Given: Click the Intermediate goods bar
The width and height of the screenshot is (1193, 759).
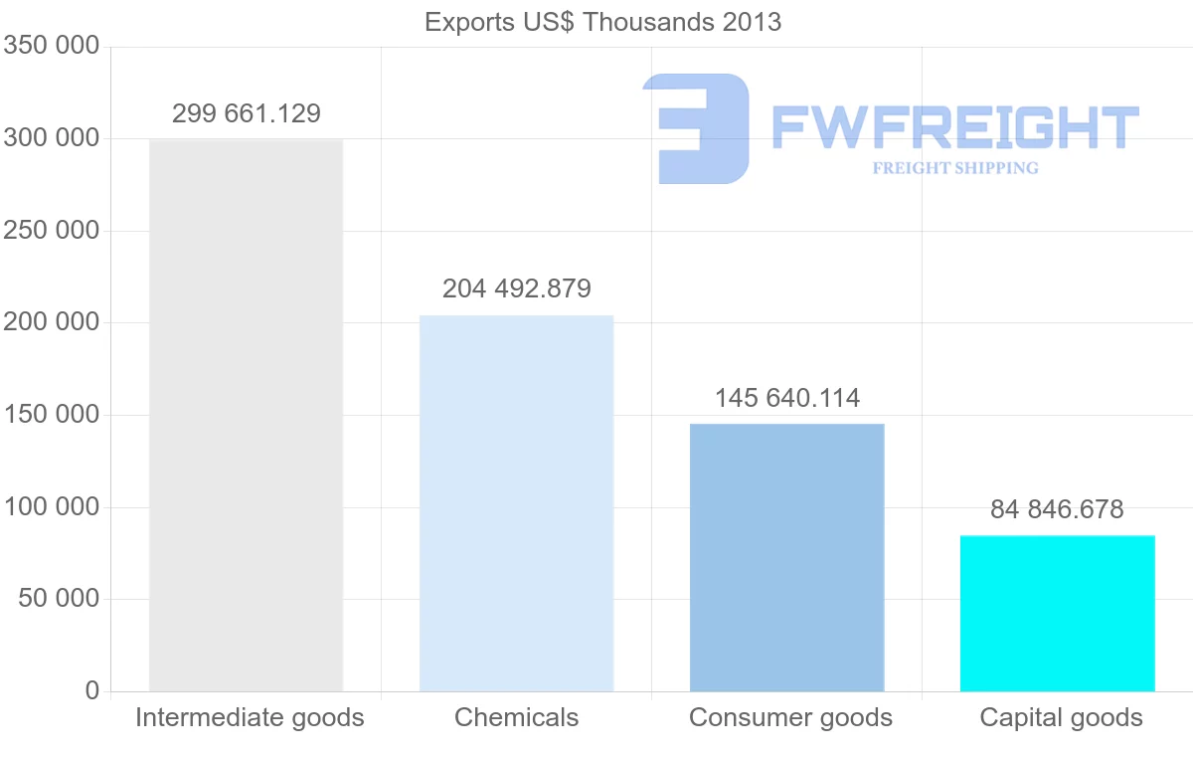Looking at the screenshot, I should click(x=246, y=415).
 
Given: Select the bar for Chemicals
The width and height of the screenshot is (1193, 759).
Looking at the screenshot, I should click(x=516, y=503).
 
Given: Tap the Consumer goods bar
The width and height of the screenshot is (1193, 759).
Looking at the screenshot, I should click(x=786, y=557).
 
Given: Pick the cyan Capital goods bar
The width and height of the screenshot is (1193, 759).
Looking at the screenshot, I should click(x=1057, y=613).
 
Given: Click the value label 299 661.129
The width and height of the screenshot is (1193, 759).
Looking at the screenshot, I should click(x=247, y=113).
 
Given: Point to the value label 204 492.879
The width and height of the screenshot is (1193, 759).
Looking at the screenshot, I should click(x=517, y=288).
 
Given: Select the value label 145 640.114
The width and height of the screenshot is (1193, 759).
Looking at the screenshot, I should click(x=787, y=399).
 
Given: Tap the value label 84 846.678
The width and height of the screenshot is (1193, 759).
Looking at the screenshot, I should click(x=1057, y=510).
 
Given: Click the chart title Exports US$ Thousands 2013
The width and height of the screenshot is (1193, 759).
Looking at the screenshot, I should click(x=602, y=22).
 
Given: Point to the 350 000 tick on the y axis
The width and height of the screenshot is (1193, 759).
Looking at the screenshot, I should click(x=51, y=46).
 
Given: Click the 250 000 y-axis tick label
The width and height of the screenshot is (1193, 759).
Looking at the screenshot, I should click(x=51, y=231).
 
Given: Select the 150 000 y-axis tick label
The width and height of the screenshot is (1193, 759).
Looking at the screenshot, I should click(x=51, y=415).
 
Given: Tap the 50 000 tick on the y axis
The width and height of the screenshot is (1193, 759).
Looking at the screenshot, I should click(x=59, y=599).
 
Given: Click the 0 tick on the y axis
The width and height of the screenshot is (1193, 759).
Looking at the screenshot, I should click(x=91, y=690).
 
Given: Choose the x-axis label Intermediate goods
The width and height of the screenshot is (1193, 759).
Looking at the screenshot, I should click(x=250, y=717).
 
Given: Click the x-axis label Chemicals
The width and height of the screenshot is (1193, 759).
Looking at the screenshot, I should click(x=516, y=717).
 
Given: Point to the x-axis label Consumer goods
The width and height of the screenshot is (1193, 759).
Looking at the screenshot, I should click(x=790, y=717).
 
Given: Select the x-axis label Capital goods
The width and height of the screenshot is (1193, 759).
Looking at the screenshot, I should click(x=1061, y=717).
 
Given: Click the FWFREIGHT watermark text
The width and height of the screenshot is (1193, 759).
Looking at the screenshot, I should click(x=954, y=128).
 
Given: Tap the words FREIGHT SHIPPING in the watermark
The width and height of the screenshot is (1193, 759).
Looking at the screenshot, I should click(x=954, y=168).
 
